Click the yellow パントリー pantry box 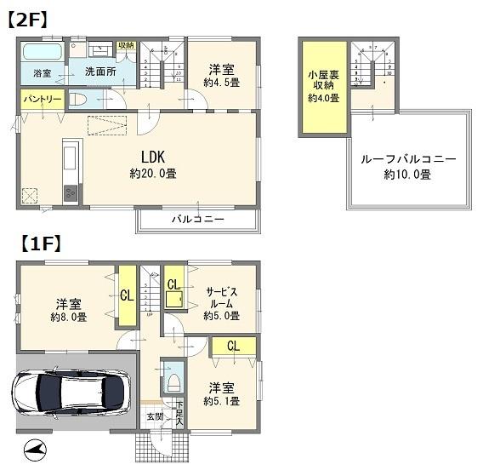(x=41, y=100)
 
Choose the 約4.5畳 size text (x=220, y=83)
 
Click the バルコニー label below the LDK (x=197, y=220)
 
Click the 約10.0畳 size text (x=407, y=175)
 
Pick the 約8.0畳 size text (x=70, y=318)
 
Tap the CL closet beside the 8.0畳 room (x=126, y=296)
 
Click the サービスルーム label (x=222, y=297)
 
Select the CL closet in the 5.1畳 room (x=232, y=346)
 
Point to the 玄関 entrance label (x=155, y=416)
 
